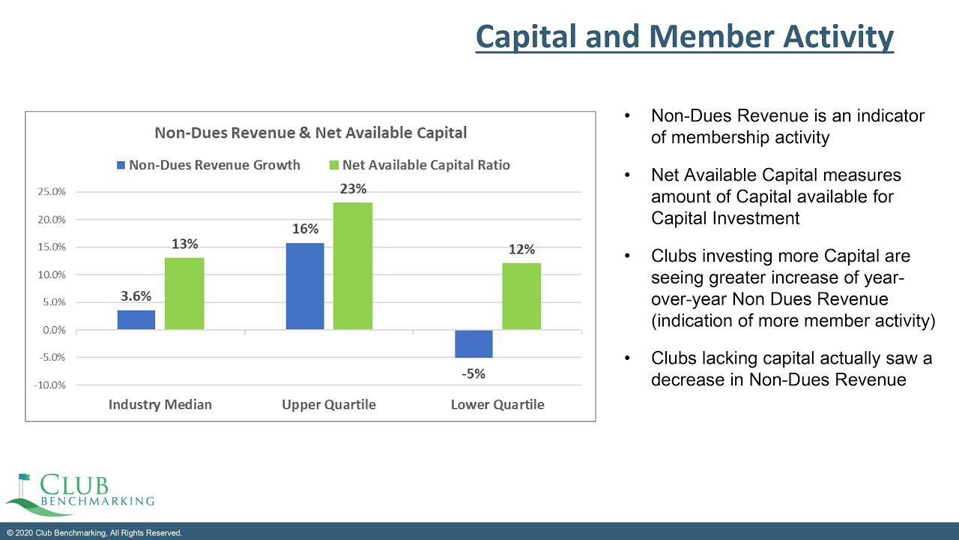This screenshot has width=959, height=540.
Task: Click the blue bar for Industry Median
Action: [136, 319]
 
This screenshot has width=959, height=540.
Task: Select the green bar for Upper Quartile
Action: [353, 266]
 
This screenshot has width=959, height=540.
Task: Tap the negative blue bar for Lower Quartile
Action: [474, 343]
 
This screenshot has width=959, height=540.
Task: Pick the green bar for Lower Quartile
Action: [521, 296]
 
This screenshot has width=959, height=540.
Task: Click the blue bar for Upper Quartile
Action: [305, 286]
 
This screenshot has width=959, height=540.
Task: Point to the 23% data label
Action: [353, 190]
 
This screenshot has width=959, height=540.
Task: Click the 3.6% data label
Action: [136, 296]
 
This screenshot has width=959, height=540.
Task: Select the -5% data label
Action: [474, 373]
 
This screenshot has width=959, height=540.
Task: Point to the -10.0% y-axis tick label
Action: [49, 385]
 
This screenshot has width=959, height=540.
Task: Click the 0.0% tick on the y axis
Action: [53, 331]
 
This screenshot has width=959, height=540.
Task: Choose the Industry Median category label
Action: [160, 405]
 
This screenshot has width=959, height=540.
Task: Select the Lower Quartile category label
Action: [497, 405]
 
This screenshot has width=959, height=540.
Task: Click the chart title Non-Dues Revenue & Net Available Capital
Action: [310, 133]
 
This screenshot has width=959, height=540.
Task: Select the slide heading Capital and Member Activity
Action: [685, 37]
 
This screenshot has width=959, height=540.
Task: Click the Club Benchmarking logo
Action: [79, 493]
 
